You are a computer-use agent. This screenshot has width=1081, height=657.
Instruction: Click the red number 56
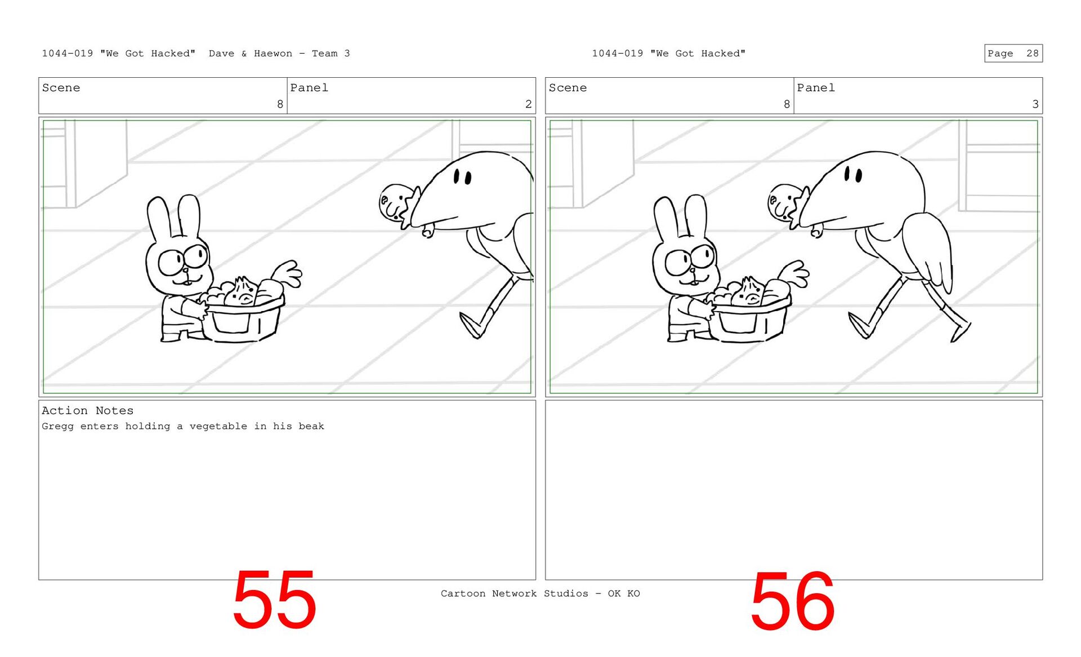point(792,601)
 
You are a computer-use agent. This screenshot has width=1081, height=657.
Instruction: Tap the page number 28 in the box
point(1033,54)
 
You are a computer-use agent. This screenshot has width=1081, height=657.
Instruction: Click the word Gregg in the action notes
point(57,427)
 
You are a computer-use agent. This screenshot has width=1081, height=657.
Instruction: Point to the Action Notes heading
point(87,411)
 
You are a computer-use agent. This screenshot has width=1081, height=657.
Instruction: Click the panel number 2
point(528,104)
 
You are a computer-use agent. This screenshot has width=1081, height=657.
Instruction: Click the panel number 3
point(1035,104)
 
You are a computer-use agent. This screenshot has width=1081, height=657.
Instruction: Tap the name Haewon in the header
point(273,54)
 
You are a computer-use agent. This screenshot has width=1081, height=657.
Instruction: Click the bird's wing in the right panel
point(927,251)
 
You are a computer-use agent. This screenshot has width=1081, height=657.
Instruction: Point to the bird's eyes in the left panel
point(462,177)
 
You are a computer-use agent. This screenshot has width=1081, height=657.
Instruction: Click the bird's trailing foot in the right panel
point(960,332)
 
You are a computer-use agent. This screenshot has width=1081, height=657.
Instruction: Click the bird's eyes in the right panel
point(853,175)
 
